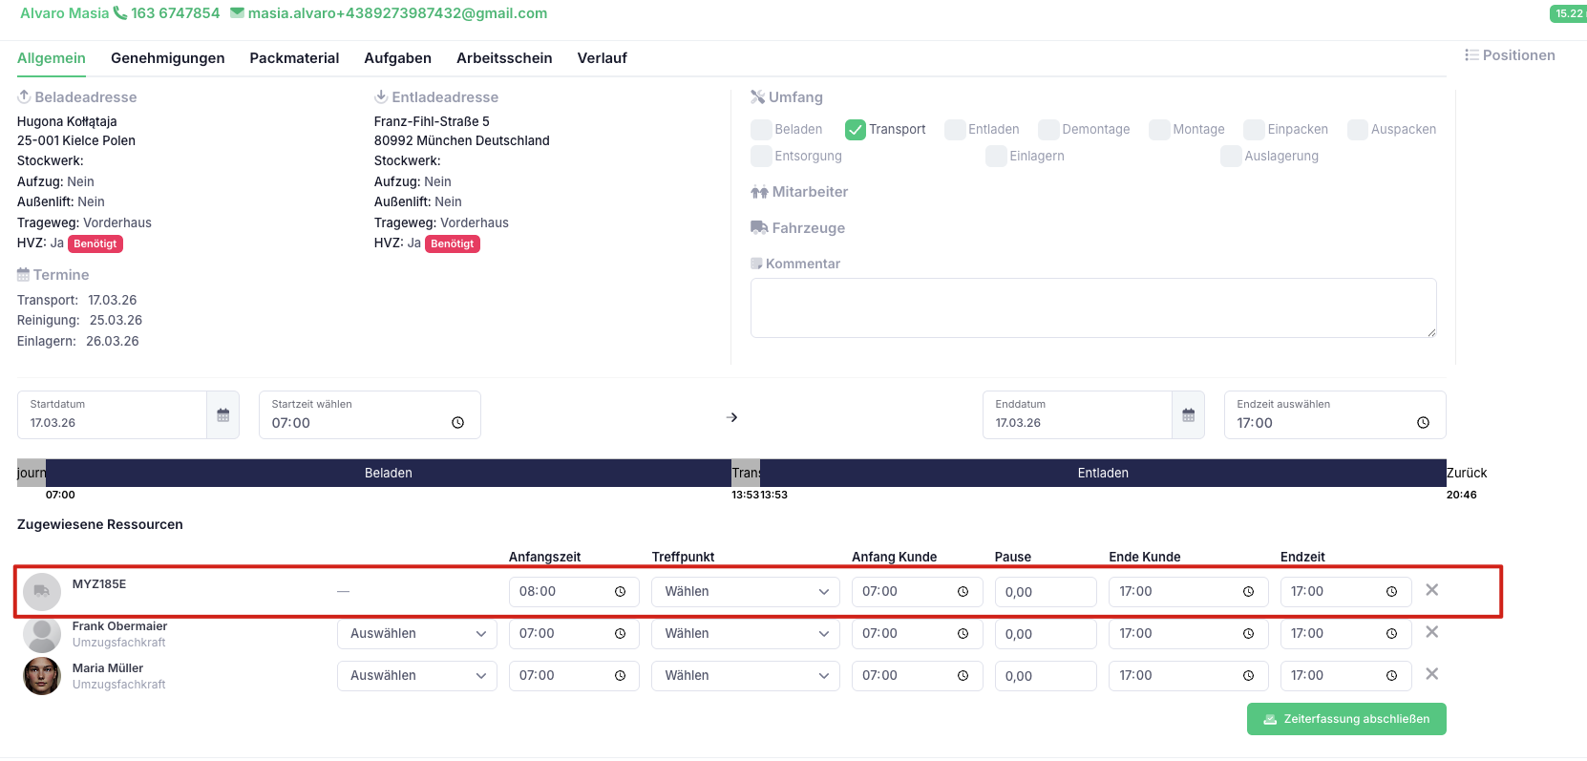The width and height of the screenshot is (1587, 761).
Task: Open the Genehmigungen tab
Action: (167, 58)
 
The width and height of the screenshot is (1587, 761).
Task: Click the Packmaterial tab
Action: (294, 58)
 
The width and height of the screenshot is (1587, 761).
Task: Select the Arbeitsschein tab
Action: (504, 58)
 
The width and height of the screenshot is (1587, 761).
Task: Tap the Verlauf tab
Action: (602, 58)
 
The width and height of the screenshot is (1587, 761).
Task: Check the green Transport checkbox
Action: (856, 130)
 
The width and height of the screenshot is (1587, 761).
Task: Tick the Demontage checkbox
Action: (1048, 130)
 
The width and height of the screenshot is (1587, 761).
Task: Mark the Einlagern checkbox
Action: (996, 156)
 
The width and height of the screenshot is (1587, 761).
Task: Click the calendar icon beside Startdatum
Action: (223, 415)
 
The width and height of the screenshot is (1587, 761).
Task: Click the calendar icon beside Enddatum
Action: (1188, 415)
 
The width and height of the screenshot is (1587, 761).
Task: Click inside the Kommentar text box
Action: (1093, 307)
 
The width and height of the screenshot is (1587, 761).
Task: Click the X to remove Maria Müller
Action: (1432, 674)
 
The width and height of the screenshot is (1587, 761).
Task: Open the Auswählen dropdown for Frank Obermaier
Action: (417, 633)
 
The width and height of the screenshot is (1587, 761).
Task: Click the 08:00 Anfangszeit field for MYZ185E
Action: (574, 592)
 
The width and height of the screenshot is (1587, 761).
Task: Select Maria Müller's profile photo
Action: (42, 676)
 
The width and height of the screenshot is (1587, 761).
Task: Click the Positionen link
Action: (1510, 55)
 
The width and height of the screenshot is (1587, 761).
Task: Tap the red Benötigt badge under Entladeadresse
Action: (452, 243)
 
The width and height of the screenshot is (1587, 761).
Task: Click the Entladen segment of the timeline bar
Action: (1102, 473)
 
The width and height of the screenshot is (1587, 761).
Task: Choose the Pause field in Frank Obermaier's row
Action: (1046, 633)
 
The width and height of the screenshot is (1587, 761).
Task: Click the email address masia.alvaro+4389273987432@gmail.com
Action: (397, 13)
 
